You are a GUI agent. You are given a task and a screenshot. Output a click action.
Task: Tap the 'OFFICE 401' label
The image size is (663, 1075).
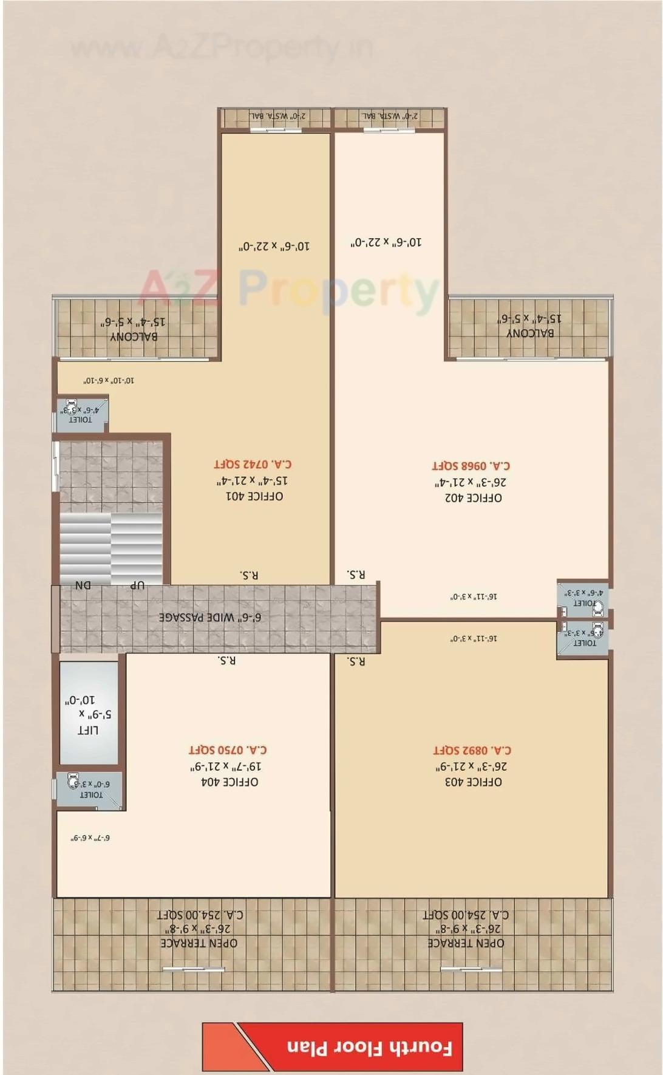254,496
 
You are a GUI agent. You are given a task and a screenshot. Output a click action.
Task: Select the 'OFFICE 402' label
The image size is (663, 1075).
473,498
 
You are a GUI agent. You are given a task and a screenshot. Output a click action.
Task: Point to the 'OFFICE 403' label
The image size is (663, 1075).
473,782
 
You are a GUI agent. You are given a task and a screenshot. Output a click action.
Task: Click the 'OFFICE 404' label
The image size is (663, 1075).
229,782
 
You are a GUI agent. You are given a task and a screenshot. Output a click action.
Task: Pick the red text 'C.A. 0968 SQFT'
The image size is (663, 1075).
471,466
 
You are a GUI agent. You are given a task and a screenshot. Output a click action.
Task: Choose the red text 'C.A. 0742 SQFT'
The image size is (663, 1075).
253,464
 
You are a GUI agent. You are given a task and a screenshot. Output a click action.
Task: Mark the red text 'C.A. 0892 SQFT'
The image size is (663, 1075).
472,751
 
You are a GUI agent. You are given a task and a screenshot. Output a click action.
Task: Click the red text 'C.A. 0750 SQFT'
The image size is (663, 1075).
228,750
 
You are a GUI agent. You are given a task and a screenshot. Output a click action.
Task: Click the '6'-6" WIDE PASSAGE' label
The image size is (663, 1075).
210,618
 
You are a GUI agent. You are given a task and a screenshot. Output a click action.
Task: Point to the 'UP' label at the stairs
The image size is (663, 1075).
137,585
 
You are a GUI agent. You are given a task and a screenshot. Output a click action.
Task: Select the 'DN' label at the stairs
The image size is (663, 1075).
83,585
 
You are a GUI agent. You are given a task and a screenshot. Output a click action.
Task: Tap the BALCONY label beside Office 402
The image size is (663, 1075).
530,333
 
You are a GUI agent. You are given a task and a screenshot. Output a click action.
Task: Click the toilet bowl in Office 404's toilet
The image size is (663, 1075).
73,779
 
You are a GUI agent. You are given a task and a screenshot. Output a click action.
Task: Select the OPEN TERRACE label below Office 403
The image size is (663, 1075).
466,943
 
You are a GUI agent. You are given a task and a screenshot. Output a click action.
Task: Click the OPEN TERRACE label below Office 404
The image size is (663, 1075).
199,943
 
